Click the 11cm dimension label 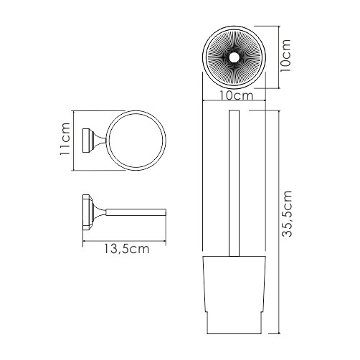click(65, 139)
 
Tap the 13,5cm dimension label click(126, 249)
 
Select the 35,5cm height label click(287, 214)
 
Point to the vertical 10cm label click(285, 55)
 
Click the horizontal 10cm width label click(236, 95)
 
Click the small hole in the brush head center click(234, 57)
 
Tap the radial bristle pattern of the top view click(234, 57)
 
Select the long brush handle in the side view click(235, 184)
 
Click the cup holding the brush click(235, 295)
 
